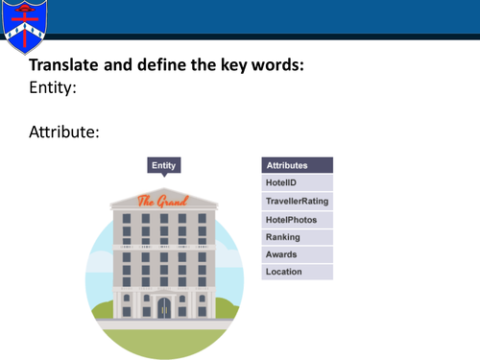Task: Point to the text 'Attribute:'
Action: click(64, 132)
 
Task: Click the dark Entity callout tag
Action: click(164, 165)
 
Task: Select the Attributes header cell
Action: click(297, 165)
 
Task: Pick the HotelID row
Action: click(297, 183)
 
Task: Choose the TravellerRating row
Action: click(297, 202)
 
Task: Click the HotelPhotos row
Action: click(297, 220)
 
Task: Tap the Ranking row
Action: click(297, 237)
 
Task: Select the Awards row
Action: click(297, 254)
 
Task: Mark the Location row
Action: click(297, 272)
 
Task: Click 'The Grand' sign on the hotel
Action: click(163, 202)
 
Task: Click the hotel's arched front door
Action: click(163, 307)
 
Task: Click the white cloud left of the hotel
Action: click(99, 261)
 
